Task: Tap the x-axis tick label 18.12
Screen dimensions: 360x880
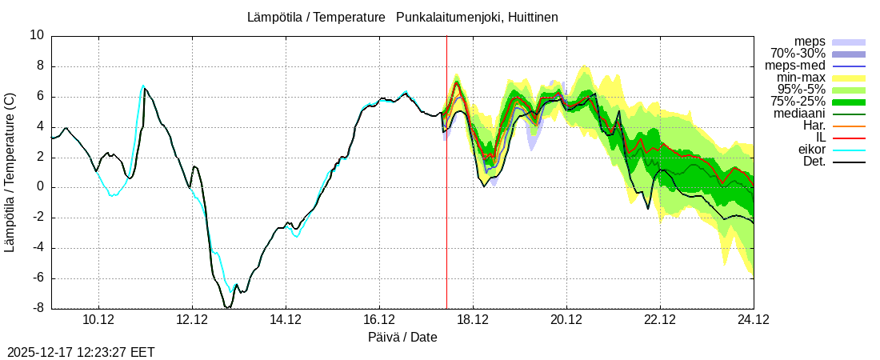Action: point(473,320)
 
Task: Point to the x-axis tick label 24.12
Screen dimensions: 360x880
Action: point(754,320)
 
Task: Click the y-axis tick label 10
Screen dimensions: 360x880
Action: point(37,35)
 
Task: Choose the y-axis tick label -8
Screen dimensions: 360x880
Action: point(37,309)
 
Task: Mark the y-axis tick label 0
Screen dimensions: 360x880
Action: point(41,187)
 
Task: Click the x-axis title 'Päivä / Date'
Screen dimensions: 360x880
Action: point(402,338)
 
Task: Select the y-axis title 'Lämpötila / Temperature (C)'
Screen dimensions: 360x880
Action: point(10,172)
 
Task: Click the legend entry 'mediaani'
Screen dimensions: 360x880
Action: point(799,114)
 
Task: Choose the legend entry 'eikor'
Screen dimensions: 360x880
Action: point(811,150)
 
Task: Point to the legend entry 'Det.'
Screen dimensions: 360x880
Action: point(814,162)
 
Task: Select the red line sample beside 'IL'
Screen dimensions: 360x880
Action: point(849,138)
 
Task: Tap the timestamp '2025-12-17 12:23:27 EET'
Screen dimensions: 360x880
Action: point(81,351)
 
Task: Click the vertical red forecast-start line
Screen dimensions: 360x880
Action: point(446,200)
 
